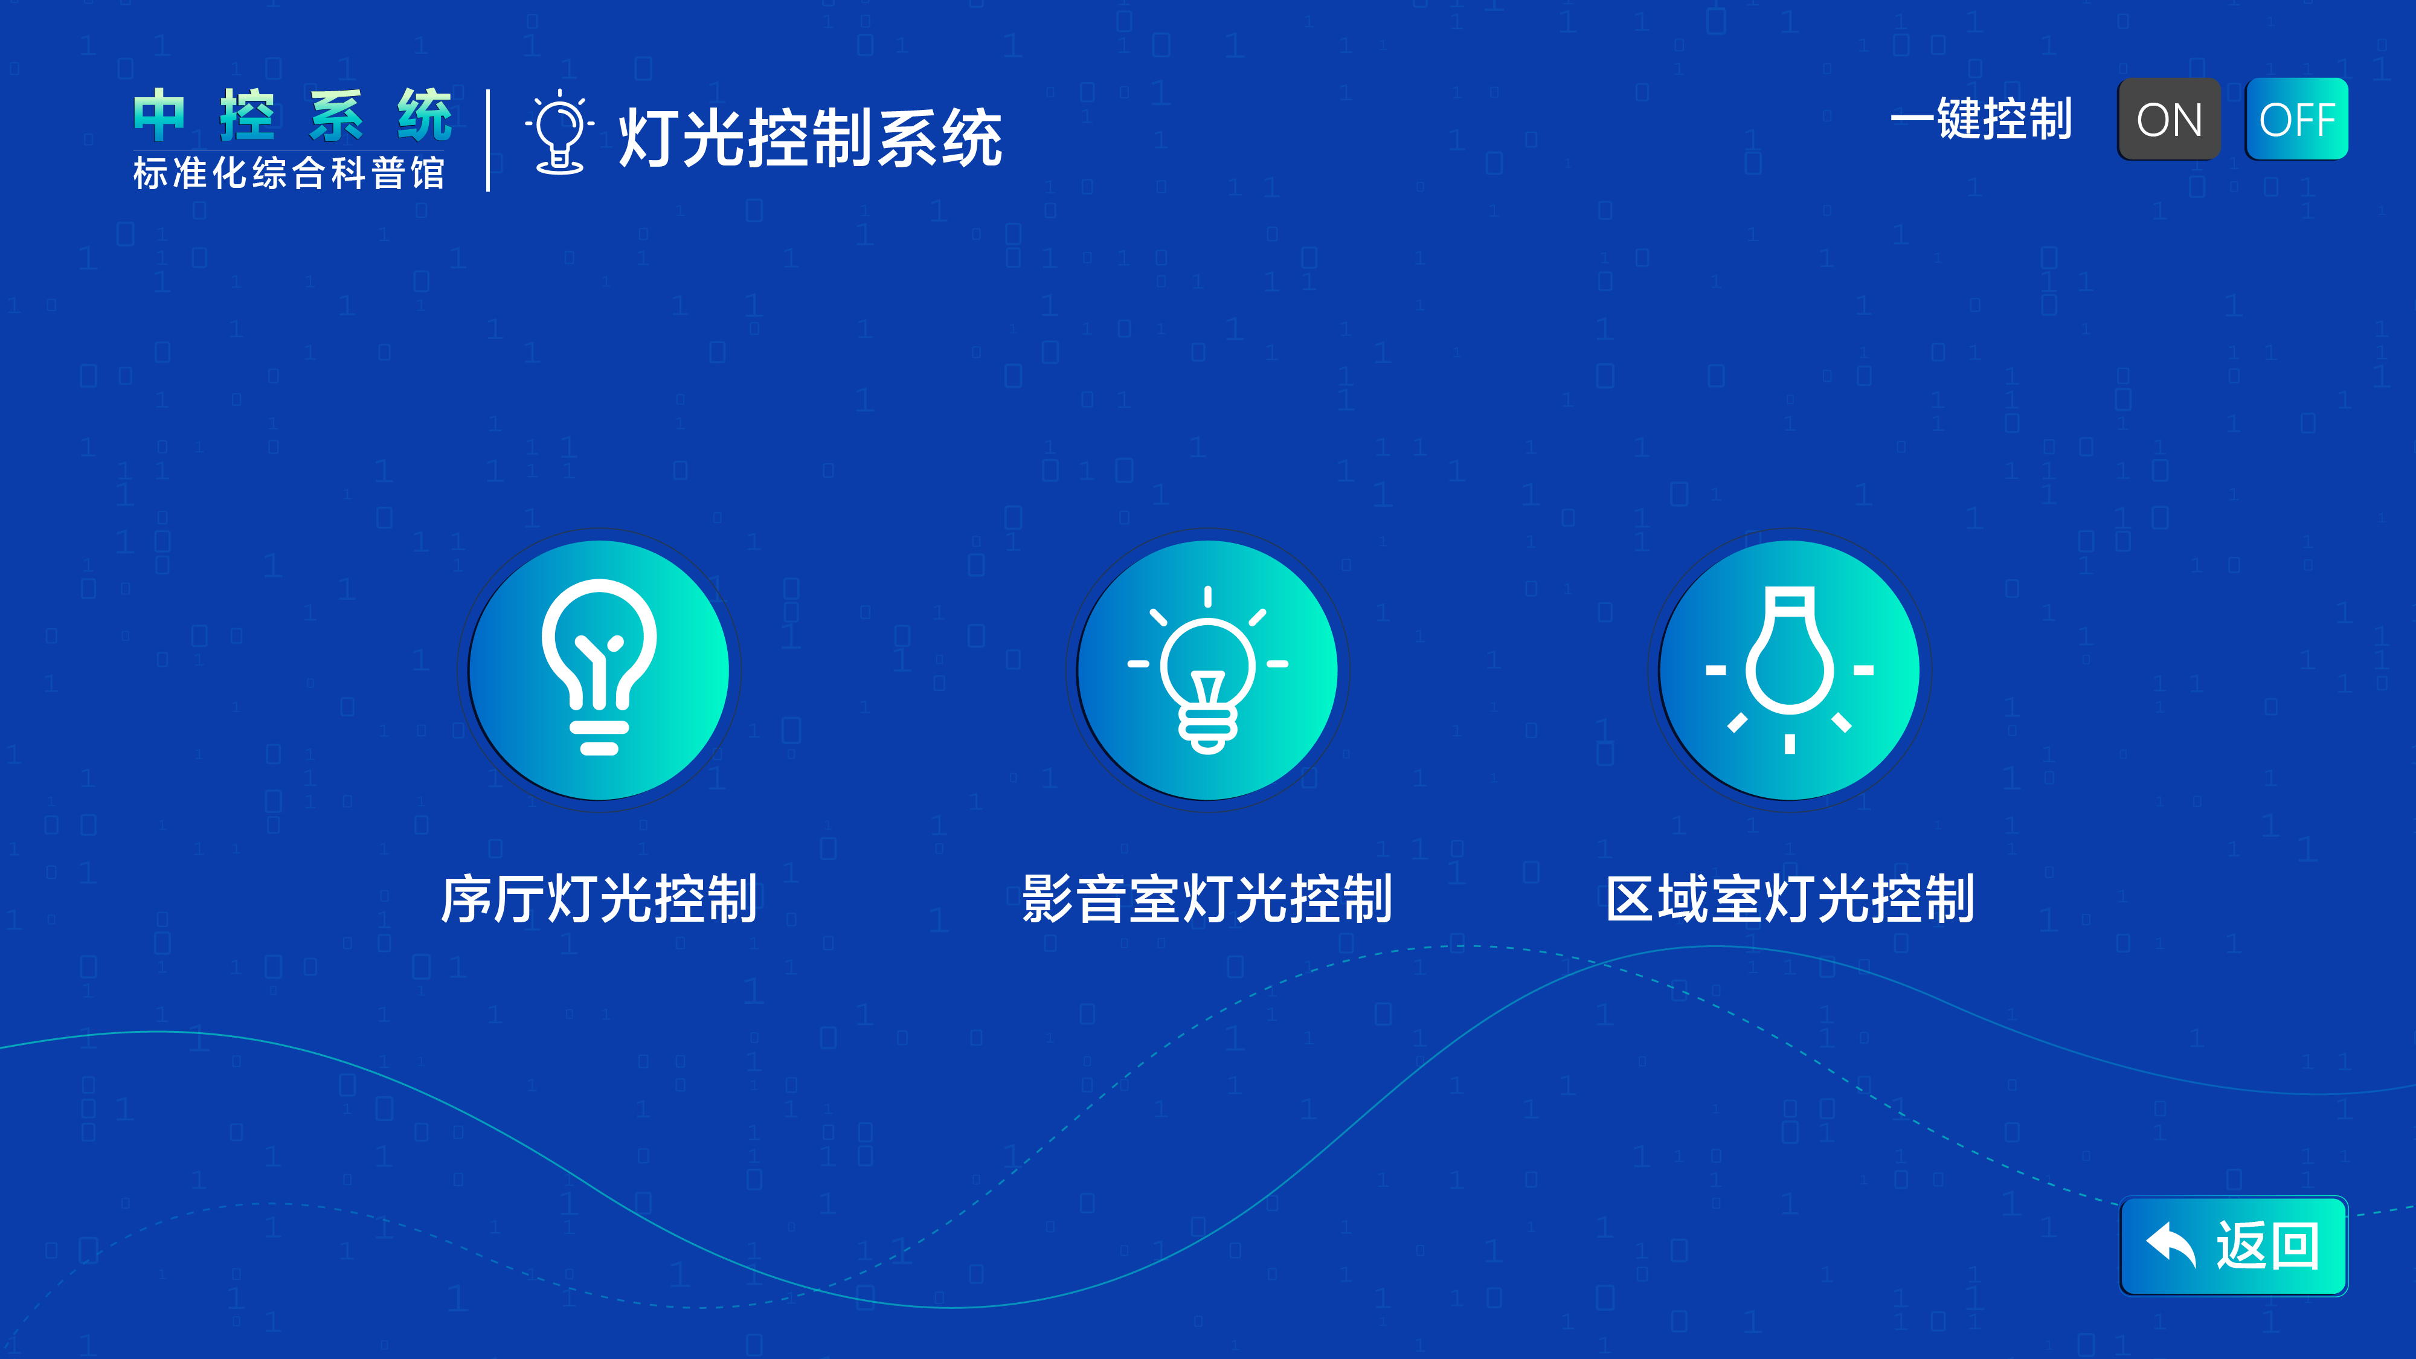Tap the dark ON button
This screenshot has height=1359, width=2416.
(2168, 120)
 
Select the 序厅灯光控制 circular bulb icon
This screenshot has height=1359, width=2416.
(599, 670)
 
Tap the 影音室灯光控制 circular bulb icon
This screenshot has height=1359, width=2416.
(1207, 670)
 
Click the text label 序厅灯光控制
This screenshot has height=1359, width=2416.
(599, 899)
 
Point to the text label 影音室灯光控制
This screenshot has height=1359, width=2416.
(1207, 899)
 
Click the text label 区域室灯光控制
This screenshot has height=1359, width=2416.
(1790, 899)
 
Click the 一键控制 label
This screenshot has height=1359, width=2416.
(1981, 120)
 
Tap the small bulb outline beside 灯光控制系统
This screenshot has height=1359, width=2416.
(560, 133)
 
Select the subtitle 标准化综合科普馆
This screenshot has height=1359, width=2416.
(289, 173)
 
